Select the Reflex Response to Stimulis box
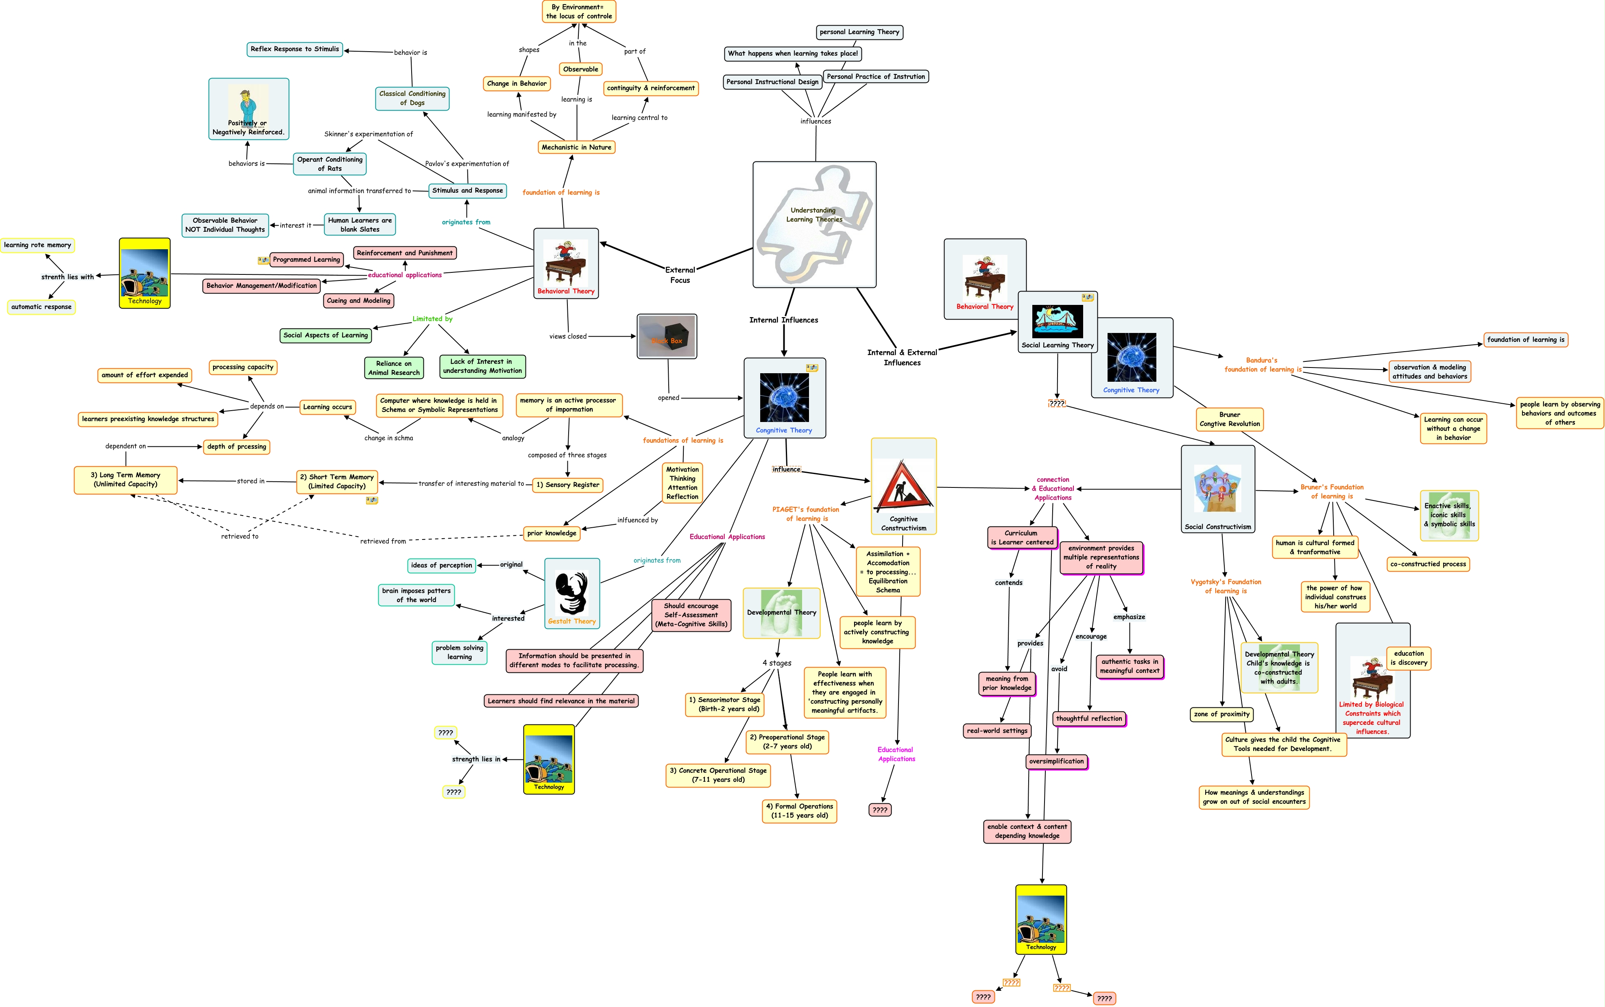coord(294,49)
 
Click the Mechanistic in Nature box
coord(576,147)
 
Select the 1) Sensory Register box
coord(568,485)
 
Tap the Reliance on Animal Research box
coord(394,368)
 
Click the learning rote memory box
coord(37,245)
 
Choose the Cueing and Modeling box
coord(358,301)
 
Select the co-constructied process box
coord(1428,564)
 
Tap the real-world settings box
coord(997,731)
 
